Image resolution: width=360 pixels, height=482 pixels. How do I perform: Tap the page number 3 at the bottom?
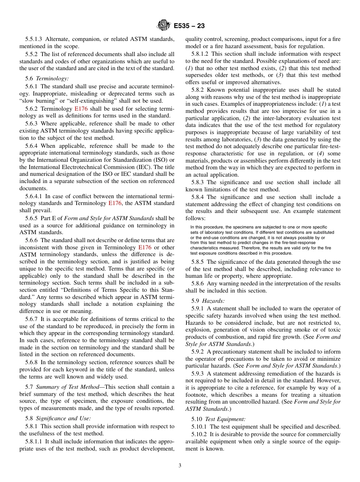[180, 465]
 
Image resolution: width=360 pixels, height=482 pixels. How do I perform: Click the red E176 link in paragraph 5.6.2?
[81, 108]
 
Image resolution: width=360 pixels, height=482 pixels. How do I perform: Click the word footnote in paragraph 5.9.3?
[198, 395]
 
